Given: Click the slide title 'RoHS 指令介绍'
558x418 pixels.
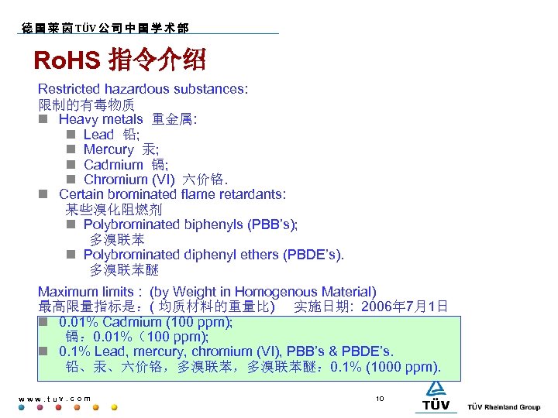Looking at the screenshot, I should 119,60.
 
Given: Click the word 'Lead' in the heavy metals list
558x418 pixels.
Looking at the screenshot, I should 98,135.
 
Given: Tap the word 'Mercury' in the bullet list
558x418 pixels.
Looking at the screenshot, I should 108,149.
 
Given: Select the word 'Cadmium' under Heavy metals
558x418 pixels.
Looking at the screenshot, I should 113,164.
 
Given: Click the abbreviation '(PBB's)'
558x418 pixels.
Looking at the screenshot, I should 272,224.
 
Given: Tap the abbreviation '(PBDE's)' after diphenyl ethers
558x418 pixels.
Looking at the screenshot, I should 313,255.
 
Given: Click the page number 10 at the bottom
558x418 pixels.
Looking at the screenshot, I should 380,399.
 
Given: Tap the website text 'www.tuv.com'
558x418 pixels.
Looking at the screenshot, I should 54,399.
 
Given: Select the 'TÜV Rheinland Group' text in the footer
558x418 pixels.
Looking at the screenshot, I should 504,407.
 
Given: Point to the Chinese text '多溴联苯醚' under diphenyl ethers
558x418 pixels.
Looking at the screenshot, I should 124,270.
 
